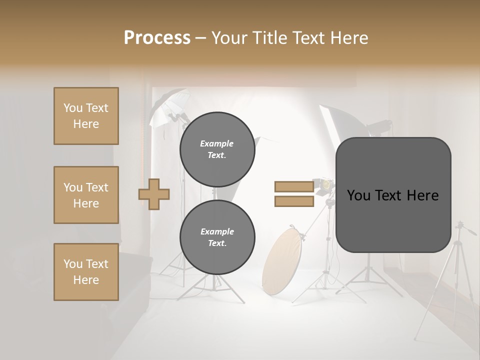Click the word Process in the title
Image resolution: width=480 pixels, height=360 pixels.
click(157, 37)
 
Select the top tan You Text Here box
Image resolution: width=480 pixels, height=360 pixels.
click(86, 116)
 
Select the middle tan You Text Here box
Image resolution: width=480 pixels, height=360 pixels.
click(86, 195)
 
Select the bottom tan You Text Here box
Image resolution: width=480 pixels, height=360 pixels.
click(86, 272)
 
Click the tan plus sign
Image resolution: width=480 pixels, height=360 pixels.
click(154, 194)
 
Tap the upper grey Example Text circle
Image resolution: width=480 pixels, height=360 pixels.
click(217, 149)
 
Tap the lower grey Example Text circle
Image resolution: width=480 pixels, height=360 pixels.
click(217, 237)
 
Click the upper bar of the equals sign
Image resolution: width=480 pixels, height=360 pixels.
click(294, 187)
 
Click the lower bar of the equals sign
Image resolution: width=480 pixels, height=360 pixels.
click(294, 201)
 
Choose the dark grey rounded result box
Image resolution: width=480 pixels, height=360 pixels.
click(393, 220)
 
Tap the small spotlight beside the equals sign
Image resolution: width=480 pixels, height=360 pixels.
click(323, 184)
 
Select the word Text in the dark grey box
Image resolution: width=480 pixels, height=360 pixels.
click(392, 195)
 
